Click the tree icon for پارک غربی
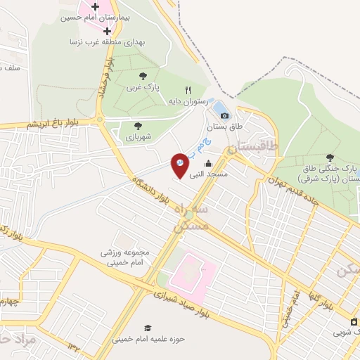pyautogui.click(x=143, y=75)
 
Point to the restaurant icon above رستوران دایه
pyautogui.click(x=188, y=90)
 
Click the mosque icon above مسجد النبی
pyautogui.click(x=207, y=163)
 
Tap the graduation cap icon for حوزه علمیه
pyautogui.click(x=147, y=328)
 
